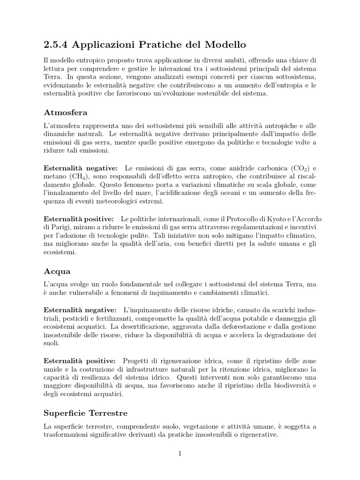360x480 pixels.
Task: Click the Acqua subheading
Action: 57,271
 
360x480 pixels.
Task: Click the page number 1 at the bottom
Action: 180,453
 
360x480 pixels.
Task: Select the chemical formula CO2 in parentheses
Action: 299,168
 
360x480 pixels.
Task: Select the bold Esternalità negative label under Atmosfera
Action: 80,168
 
